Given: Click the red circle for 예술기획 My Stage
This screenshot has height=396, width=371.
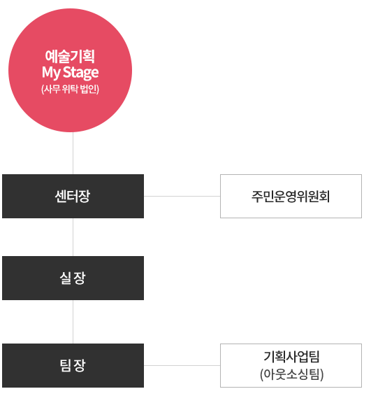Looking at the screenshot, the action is tap(70, 70).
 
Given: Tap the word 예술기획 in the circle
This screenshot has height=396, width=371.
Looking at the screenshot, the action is tap(70, 56).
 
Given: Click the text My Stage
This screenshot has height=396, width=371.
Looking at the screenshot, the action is tap(70, 73).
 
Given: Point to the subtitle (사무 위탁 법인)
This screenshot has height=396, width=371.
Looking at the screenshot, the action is tap(70, 89).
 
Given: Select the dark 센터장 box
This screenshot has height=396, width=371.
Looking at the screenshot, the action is tap(73, 196).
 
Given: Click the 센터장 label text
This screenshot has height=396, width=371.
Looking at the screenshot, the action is tap(73, 196).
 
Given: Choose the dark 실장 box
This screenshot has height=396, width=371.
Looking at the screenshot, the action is tap(73, 278).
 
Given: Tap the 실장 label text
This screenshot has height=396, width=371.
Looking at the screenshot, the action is tap(73, 278).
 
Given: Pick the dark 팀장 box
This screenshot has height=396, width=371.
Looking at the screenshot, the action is tap(73, 365).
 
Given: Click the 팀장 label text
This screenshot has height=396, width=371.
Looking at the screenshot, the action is tap(73, 365).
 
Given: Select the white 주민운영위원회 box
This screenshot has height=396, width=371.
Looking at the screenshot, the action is tap(291, 196).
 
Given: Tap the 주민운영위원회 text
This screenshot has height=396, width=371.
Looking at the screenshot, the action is tap(291, 196).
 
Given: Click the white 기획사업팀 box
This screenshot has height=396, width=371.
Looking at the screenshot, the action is tap(291, 365).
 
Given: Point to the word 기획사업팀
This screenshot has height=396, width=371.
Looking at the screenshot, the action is tap(291, 357).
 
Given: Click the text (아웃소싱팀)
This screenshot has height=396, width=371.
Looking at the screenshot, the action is tap(291, 374).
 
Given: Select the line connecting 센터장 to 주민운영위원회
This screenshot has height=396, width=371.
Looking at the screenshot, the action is tap(182, 196).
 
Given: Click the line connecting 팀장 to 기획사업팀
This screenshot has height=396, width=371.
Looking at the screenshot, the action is tap(182, 365).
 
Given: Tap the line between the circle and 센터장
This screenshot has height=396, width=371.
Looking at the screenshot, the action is tap(73, 153).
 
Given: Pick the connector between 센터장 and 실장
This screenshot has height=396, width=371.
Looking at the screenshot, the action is tap(73, 237).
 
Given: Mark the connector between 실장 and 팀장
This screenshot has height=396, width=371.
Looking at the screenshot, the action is tap(73, 322).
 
